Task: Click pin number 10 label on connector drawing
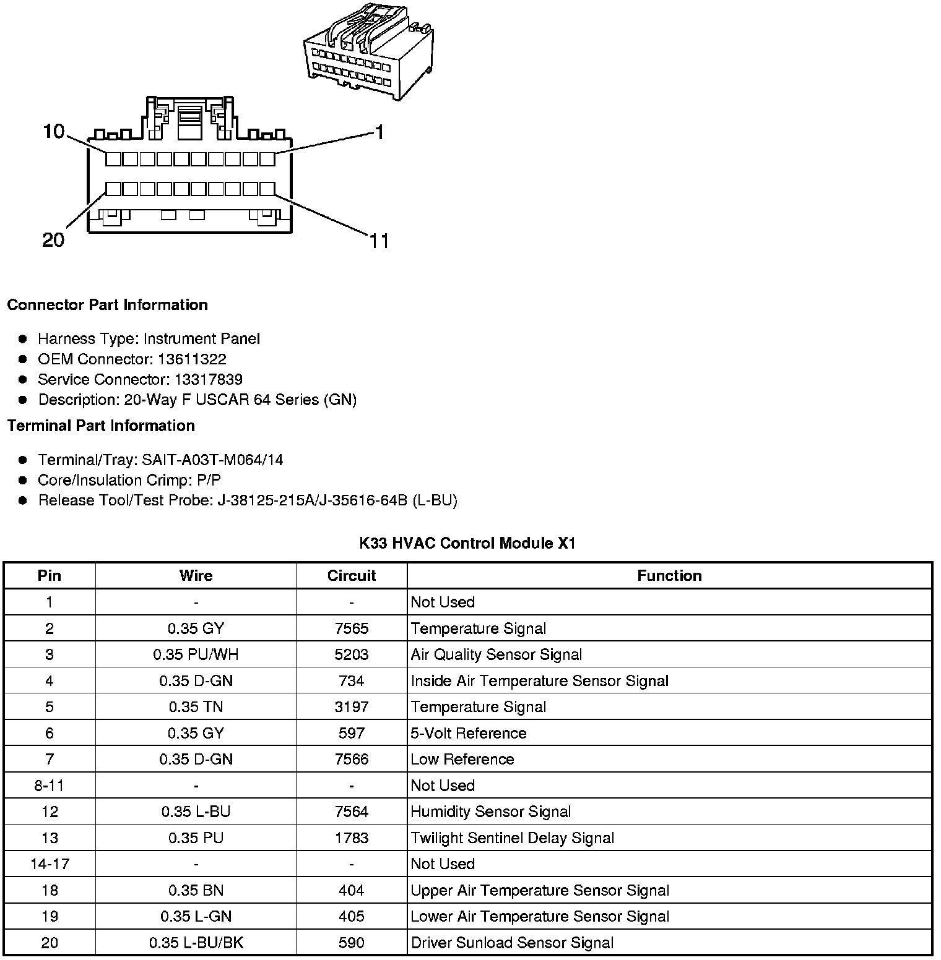tap(54, 132)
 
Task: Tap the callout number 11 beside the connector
tap(379, 241)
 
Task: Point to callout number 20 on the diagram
tap(53, 240)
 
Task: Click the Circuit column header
tap(351, 576)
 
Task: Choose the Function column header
tap(669, 576)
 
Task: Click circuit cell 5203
tap(351, 654)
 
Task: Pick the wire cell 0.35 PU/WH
tap(196, 654)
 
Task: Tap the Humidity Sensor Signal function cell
tap(491, 812)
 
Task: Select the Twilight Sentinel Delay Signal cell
tap(513, 838)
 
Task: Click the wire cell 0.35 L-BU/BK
tap(196, 943)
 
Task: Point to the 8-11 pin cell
tap(50, 786)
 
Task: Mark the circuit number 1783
tap(351, 838)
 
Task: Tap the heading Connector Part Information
tap(108, 305)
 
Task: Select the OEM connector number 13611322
tap(192, 359)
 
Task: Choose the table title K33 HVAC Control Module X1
tap(467, 544)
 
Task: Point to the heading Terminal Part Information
tap(101, 426)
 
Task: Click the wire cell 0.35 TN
tap(196, 707)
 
